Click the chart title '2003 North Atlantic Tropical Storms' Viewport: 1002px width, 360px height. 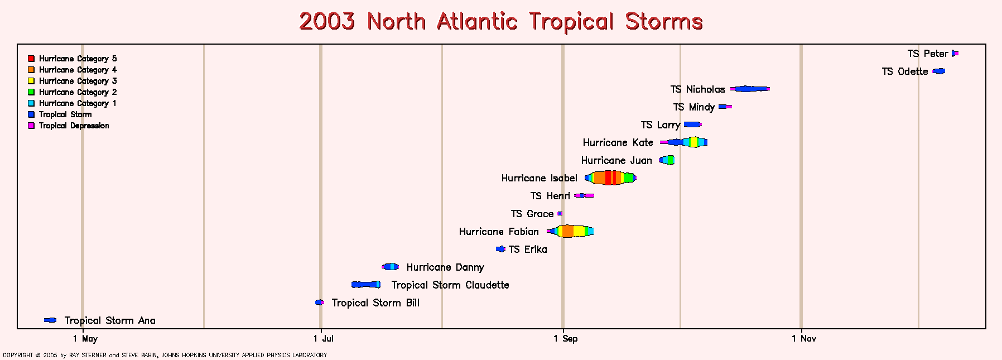[500, 21]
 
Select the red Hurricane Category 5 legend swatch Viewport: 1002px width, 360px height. [31, 59]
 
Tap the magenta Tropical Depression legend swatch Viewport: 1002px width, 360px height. [31, 126]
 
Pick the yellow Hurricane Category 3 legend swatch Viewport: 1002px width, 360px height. [31, 81]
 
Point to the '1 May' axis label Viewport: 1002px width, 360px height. [85, 338]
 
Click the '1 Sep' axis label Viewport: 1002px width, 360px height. [566, 338]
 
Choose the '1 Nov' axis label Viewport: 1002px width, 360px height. [804, 338]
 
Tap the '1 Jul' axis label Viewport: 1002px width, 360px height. [324, 338]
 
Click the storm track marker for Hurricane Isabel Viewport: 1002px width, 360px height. [610, 178]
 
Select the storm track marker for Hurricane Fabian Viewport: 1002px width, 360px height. [570, 231]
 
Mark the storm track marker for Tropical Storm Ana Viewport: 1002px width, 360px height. [50, 320]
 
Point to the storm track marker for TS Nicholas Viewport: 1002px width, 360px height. [750, 89]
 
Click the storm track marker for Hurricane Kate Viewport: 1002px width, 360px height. [684, 142]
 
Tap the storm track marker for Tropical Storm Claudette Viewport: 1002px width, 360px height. [366, 285]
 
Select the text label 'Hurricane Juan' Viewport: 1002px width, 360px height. [616, 161]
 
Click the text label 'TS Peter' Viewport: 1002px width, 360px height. [927, 54]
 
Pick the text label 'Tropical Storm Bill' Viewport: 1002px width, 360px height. [375, 303]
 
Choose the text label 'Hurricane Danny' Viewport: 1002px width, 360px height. [445, 267]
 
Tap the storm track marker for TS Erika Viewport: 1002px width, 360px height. [500, 249]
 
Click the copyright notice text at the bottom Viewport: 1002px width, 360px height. [165, 355]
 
